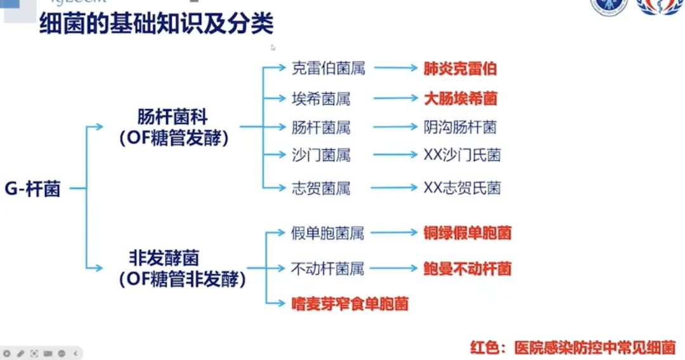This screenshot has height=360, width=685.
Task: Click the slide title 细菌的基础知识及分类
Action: pos(156,24)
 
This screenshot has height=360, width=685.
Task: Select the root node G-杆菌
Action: pos(33,189)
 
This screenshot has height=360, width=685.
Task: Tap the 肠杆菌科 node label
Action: pos(173,117)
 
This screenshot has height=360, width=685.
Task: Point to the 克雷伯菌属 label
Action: pos(328,68)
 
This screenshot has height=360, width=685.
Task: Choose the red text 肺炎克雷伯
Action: pos(460,68)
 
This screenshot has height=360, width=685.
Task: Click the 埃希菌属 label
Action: pos(320,99)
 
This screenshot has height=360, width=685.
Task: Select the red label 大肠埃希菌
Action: pos(460,99)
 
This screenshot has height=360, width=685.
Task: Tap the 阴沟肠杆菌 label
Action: pos(460,127)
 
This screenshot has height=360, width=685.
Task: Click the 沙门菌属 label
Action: pos(320,155)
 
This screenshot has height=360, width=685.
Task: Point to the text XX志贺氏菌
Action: pos(462,188)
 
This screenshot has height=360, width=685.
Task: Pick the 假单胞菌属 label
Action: pos(328,233)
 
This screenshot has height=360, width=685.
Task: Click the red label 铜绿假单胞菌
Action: pos(467,233)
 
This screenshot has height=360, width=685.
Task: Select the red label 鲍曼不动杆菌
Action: pos(467,269)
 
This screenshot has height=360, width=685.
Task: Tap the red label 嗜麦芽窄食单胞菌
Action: pos(349,304)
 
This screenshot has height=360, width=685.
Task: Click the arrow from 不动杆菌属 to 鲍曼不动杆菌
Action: pos(393,269)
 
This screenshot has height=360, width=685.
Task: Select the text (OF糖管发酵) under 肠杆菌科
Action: pos(173,138)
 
